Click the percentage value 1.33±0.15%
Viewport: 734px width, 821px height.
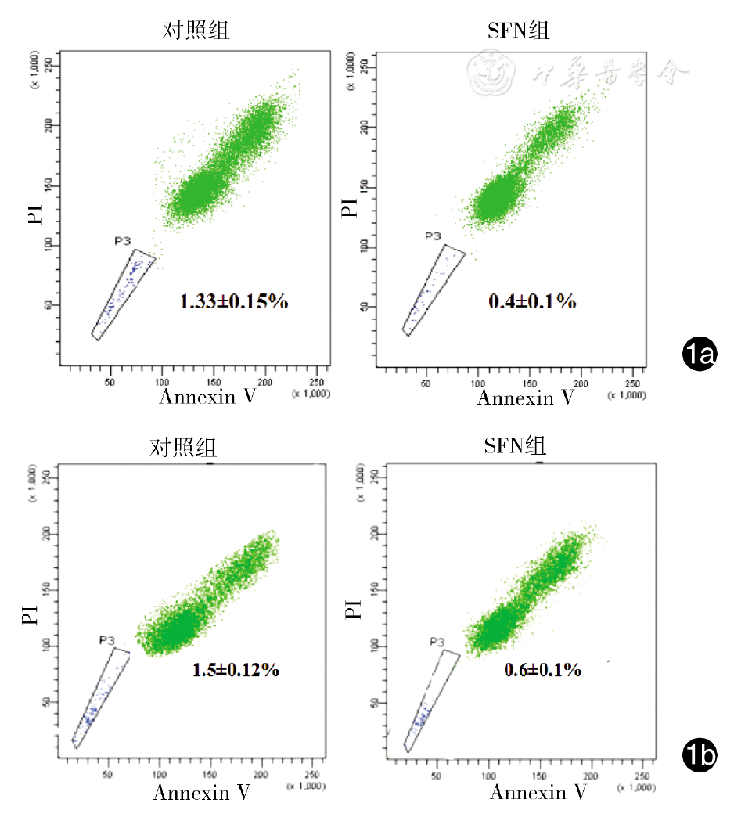click(x=234, y=301)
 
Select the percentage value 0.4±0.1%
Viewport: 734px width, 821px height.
click(x=534, y=301)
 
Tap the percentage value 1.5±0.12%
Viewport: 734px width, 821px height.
click(x=236, y=670)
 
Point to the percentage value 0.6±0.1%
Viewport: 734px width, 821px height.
click(x=543, y=670)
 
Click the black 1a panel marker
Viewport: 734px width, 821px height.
click(x=699, y=355)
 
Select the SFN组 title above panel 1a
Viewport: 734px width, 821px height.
click(x=518, y=31)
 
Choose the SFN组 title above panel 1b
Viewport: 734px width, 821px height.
click(x=515, y=446)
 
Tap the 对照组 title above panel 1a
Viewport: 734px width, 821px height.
click(x=196, y=31)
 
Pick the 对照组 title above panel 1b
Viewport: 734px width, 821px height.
click(x=184, y=448)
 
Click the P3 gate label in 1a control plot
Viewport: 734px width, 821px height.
click(x=123, y=242)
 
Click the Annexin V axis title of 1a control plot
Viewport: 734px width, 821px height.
click(x=207, y=397)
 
